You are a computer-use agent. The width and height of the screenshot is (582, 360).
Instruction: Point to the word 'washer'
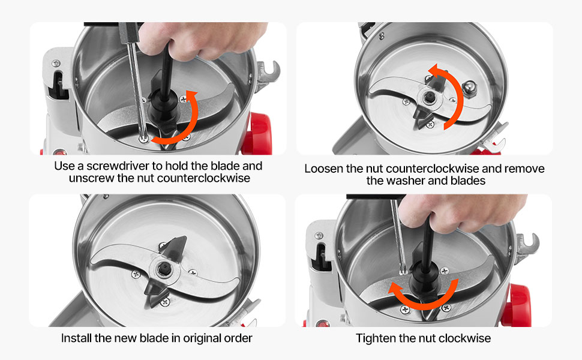(x=410, y=181)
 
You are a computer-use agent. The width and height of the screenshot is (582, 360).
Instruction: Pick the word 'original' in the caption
(x=199, y=338)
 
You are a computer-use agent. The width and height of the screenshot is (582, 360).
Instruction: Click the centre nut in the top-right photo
(x=430, y=97)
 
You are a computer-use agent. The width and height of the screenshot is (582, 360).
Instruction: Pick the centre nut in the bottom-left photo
(x=163, y=269)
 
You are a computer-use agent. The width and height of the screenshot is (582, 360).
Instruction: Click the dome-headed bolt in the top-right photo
(x=469, y=89)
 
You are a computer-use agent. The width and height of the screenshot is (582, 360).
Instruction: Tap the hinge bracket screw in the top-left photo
(x=56, y=63)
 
